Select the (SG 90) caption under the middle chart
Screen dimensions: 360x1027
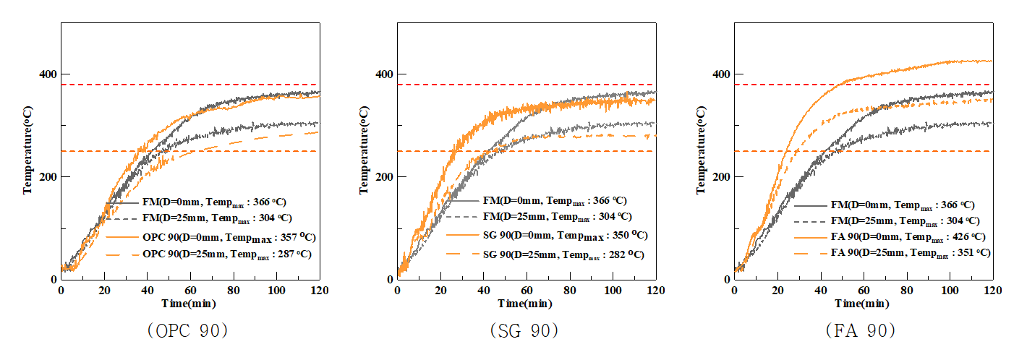pos(525,331)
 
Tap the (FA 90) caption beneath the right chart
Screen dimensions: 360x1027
pos(861,331)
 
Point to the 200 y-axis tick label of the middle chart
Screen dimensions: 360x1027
pos(385,177)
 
